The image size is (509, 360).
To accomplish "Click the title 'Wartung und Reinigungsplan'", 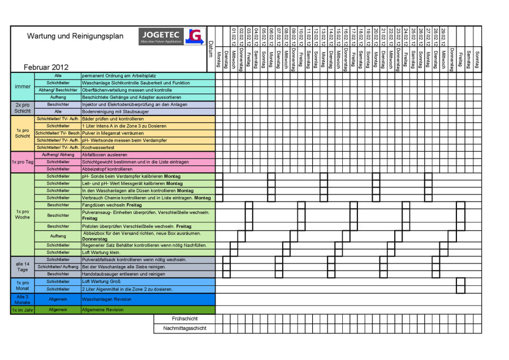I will tap(75, 36).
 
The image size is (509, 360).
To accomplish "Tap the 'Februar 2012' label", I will tap(46, 67).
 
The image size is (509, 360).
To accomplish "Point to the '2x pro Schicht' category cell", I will tap(23, 108).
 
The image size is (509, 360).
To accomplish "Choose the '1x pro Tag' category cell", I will tap(23, 162).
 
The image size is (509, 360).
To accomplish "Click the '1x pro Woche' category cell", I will tap(23, 215).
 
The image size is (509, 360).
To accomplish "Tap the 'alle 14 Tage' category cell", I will tap(23, 267).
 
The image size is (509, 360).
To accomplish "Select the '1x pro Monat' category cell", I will tap(23, 285).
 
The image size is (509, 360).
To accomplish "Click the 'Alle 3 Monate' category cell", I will tap(23, 299).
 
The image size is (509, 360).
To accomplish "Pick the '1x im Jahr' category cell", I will tap(23, 310).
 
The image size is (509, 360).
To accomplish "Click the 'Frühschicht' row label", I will tap(184, 319).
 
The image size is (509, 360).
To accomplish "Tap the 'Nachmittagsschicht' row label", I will tap(184, 328).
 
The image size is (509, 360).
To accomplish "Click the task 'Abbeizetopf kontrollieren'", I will tap(107, 169).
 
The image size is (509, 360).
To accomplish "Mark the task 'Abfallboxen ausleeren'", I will tap(105, 155).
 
